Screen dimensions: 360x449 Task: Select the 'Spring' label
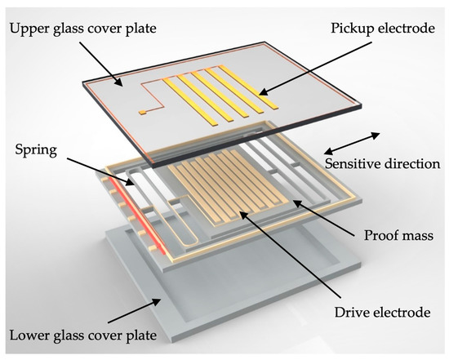click(37, 151)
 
